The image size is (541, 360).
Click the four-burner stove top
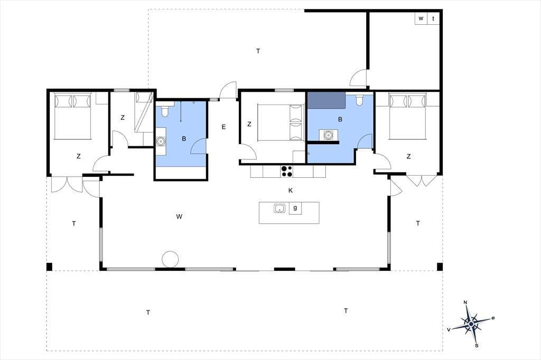point(287,171)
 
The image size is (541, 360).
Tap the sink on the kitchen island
point(279,209)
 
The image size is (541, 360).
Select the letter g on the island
point(295,207)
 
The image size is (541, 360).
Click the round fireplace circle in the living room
point(171,259)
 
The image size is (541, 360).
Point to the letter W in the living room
point(179,216)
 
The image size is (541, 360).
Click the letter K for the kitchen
point(291,191)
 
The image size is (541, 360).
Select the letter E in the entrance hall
point(223,127)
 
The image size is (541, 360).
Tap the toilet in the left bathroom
point(165,110)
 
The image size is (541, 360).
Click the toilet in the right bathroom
point(359,100)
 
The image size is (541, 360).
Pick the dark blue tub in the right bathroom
point(327,100)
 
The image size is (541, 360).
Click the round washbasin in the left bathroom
point(161,141)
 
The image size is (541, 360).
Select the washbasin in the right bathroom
point(328,135)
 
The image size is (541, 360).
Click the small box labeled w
point(421,18)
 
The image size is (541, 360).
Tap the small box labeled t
point(433,18)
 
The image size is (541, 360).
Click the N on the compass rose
point(465,303)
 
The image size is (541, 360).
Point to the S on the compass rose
point(477,345)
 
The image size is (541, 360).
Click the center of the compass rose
point(471,324)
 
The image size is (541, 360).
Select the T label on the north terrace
point(258,51)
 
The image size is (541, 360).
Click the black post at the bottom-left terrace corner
point(49,267)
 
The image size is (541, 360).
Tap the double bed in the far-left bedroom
point(73,116)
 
